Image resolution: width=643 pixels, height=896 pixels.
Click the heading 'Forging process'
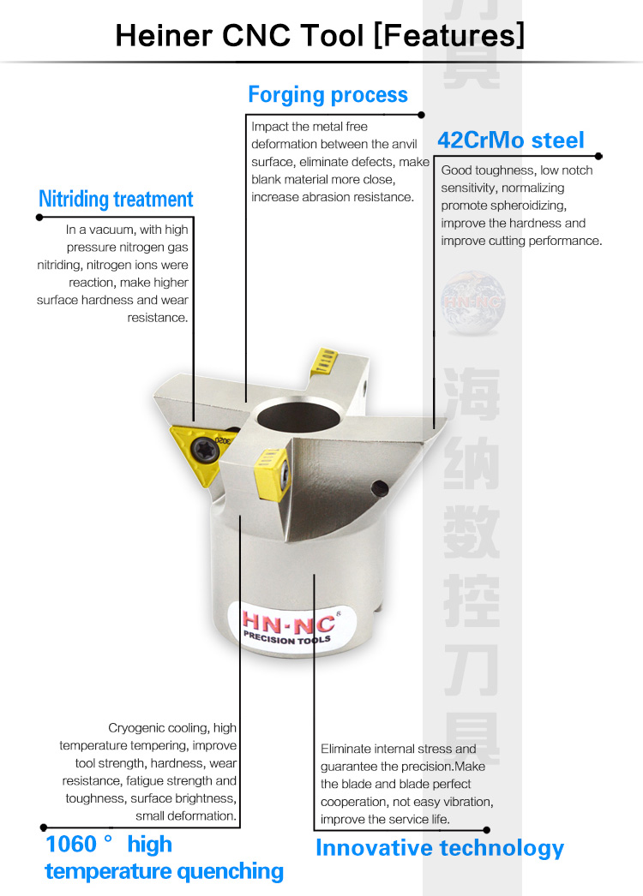(328, 95)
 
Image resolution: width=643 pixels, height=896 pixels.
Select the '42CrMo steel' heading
(511, 140)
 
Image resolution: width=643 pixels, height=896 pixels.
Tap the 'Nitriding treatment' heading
(116, 200)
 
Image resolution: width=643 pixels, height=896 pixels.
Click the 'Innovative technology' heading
(439, 849)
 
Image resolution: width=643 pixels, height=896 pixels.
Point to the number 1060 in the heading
(71, 844)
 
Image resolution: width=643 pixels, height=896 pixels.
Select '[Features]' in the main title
(449, 35)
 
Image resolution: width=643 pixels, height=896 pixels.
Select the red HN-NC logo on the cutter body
(288, 624)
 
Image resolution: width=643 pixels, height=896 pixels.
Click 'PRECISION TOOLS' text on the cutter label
(287, 639)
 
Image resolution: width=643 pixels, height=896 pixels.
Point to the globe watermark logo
(473, 302)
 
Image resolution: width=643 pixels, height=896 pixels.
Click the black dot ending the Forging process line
(422, 115)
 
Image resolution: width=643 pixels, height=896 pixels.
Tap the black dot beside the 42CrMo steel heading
(599, 156)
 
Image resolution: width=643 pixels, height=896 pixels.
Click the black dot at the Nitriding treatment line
(39, 217)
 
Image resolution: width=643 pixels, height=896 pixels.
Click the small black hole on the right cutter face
(380, 488)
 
